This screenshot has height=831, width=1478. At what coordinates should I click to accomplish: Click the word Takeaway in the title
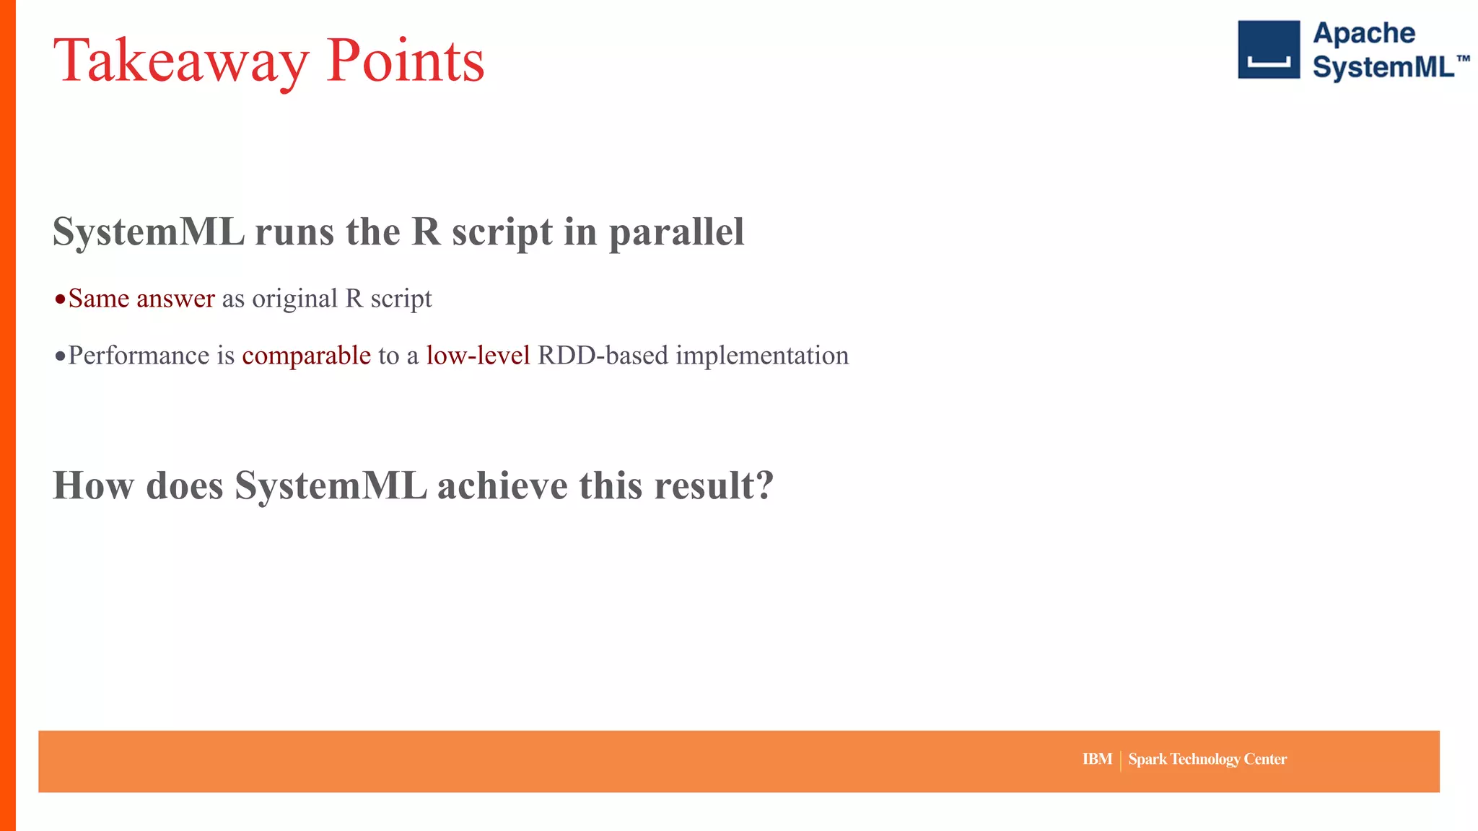(180, 61)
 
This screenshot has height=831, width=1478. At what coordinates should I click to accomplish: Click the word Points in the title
(405, 61)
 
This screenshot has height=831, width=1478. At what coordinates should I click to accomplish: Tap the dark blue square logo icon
(1268, 49)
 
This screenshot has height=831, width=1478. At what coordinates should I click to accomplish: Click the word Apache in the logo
(1363, 33)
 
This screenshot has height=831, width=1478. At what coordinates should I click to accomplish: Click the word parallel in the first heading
(676, 232)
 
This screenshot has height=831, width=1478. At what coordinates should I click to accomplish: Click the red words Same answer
(141, 299)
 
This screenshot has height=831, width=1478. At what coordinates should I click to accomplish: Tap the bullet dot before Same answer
(60, 299)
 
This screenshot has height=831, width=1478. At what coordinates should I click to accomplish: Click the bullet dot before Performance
(60, 356)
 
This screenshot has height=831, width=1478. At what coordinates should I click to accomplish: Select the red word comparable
(306, 356)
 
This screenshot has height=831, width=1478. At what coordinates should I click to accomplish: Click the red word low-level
(478, 356)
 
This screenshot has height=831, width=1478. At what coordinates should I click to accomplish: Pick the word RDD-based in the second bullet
(603, 356)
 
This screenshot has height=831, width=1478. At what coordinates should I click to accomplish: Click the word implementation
(762, 356)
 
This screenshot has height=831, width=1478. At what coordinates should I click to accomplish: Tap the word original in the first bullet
(294, 299)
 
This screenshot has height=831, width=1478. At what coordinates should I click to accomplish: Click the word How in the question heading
(93, 485)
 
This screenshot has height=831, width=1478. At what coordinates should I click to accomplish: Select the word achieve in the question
(502, 485)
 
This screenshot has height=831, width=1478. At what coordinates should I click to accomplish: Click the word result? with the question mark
(714, 485)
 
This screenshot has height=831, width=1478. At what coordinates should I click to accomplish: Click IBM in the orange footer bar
(1097, 759)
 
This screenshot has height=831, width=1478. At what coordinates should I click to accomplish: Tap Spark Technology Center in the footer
(1207, 759)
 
